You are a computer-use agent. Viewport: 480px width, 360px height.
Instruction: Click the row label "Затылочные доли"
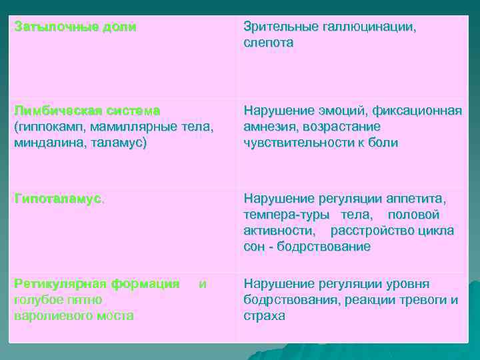click(75, 28)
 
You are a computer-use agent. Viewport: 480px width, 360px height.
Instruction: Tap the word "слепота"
click(268, 43)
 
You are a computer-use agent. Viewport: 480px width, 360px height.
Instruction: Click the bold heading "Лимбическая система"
click(87, 109)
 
